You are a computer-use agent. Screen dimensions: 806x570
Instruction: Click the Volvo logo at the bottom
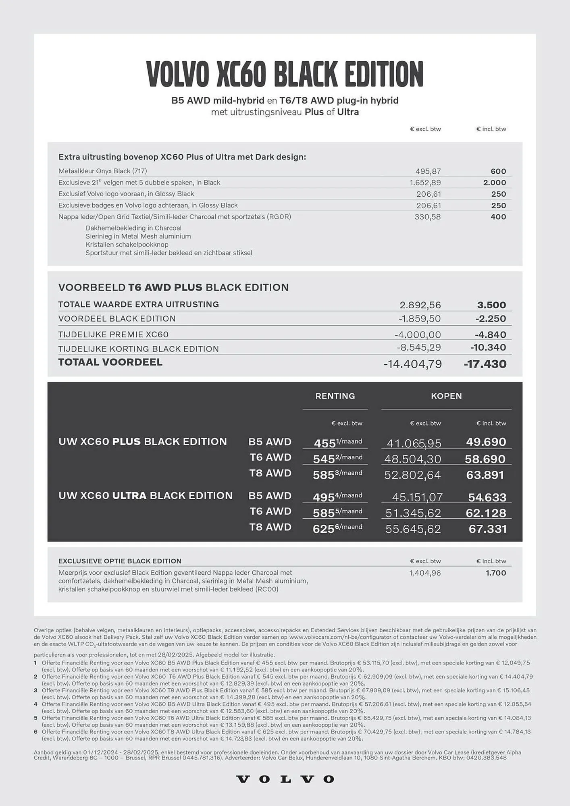[x=285, y=779]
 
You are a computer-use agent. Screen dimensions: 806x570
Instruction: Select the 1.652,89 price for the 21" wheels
[x=425, y=183]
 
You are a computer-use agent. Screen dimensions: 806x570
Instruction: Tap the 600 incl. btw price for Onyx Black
[x=498, y=171]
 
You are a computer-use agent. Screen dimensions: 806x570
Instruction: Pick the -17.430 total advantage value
[x=485, y=364]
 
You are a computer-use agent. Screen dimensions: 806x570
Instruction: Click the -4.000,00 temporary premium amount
[x=418, y=334]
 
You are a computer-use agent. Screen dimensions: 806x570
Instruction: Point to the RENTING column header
[x=335, y=396]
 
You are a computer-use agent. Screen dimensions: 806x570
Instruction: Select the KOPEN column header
[x=446, y=396]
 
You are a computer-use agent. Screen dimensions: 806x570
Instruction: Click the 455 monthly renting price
[x=325, y=443]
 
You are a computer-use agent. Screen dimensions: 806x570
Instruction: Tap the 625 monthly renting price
[x=324, y=529]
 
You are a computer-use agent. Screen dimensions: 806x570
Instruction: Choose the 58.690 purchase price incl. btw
[x=485, y=459]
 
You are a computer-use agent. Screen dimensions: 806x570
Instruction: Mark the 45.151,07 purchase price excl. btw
[x=417, y=497]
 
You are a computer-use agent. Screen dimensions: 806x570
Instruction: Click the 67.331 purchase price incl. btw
[x=487, y=529]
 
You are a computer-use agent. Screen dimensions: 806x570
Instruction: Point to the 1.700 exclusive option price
[x=496, y=573]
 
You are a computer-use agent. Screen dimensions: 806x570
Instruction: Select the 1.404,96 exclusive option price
[x=425, y=573]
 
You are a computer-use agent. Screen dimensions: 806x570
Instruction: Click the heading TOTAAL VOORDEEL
[x=110, y=362]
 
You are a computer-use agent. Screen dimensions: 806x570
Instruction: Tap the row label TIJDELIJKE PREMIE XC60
[x=113, y=334]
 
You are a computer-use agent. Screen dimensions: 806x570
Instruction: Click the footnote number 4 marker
[x=35, y=704]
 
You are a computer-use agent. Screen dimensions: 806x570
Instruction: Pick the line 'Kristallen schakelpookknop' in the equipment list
[x=127, y=245]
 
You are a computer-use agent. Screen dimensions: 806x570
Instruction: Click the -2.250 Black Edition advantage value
[x=491, y=318]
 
